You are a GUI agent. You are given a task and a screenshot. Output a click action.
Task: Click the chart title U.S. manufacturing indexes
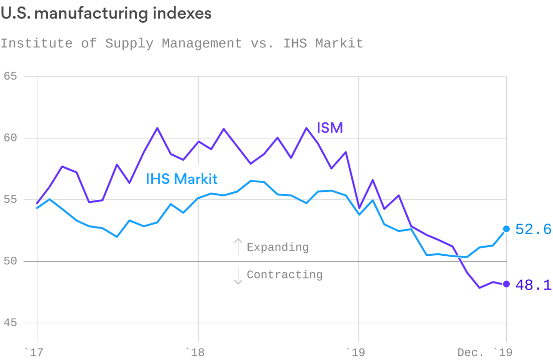click(x=106, y=14)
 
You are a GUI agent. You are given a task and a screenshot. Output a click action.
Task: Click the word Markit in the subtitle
click(x=339, y=43)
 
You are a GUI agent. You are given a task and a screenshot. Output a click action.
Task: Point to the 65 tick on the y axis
click(x=10, y=77)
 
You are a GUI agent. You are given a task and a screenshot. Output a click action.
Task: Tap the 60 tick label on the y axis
click(x=10, y=138)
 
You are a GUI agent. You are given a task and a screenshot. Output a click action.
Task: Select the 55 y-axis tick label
click(x=10, y=200)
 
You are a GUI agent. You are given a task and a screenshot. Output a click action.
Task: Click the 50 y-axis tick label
click(x=10, y=261)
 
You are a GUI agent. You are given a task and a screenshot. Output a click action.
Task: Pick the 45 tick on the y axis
click(x=10, y=323)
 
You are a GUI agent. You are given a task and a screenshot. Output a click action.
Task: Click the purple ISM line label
click(x=330, y=128)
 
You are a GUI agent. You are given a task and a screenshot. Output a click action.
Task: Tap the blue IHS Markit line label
click(x=181, y=178)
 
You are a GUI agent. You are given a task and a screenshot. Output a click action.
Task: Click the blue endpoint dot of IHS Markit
click(x=506, y=229)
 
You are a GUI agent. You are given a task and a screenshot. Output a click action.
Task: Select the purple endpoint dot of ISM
click(x=506, y=284)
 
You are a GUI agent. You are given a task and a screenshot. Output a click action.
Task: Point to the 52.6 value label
click(x=533, y=230)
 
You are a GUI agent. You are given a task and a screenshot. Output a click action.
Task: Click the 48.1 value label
click(x=533, y=285)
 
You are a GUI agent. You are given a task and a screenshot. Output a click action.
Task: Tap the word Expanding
click(x=278, y=247)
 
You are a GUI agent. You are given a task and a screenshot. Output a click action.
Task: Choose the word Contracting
click(x=285, y=274)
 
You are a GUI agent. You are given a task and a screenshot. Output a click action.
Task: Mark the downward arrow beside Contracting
click(x=238, y=275)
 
